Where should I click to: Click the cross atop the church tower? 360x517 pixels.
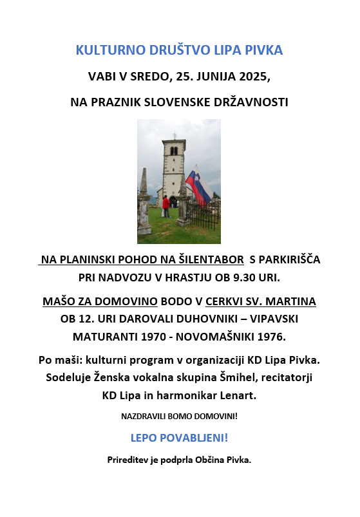pyautogui.click(x=174, y=136)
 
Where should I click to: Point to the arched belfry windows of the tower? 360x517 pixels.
pyautogui.click(x=174, y=151)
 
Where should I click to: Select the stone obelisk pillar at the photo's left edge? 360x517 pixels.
pyautogui.click(x=144, y=200)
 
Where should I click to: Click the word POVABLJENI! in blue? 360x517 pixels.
pyautogui.click(x=197, y=438)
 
